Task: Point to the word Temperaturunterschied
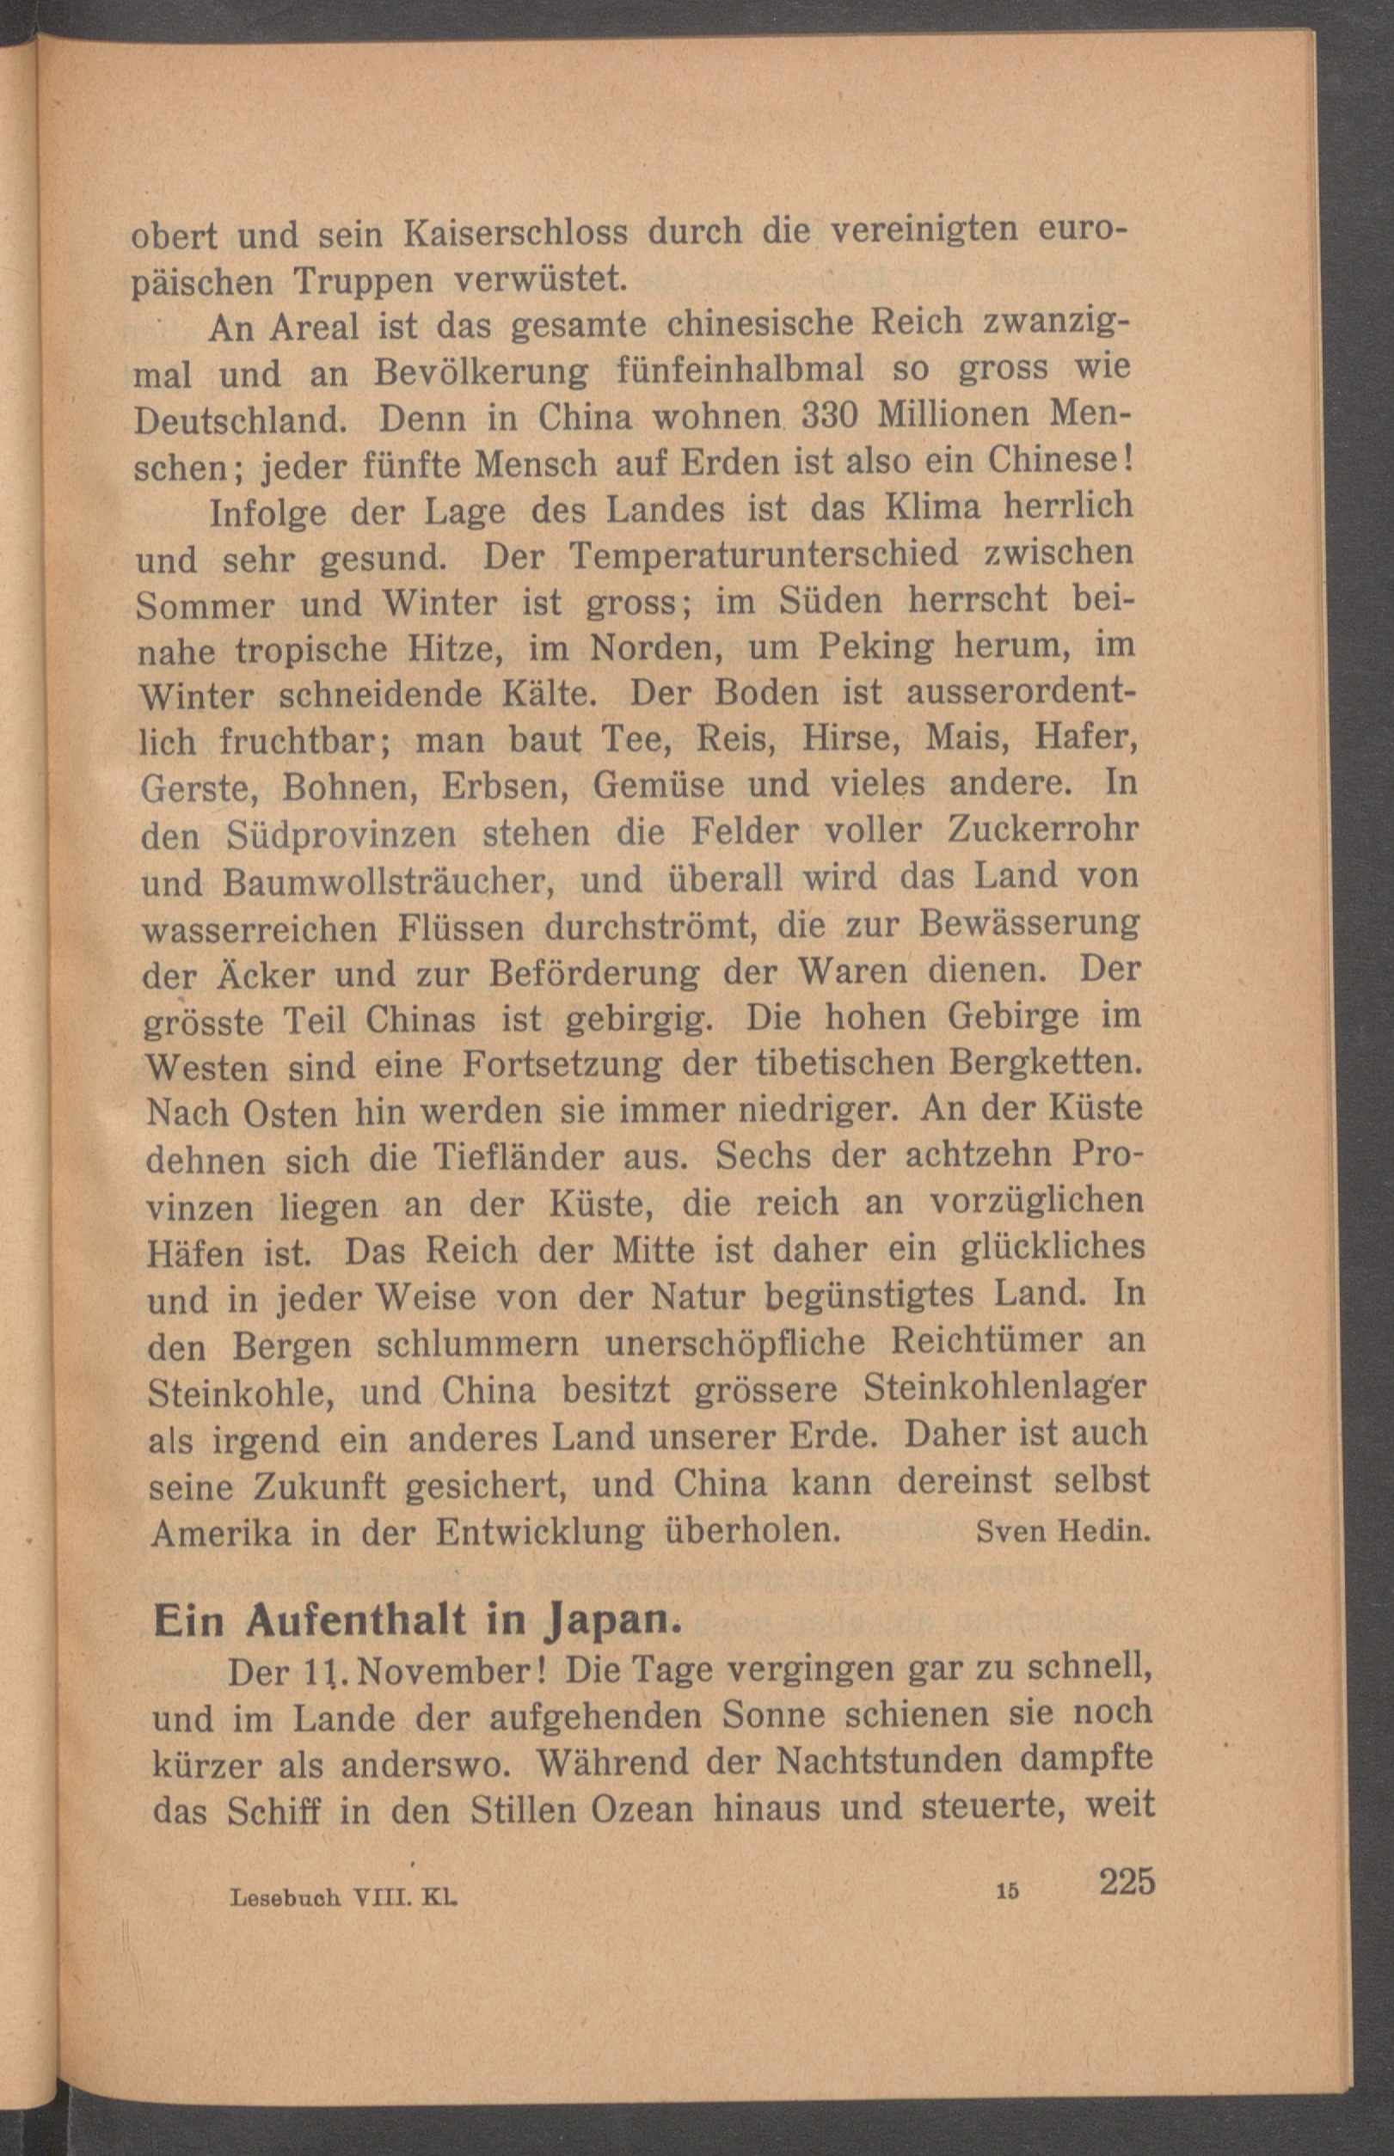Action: tap(763, 554)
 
